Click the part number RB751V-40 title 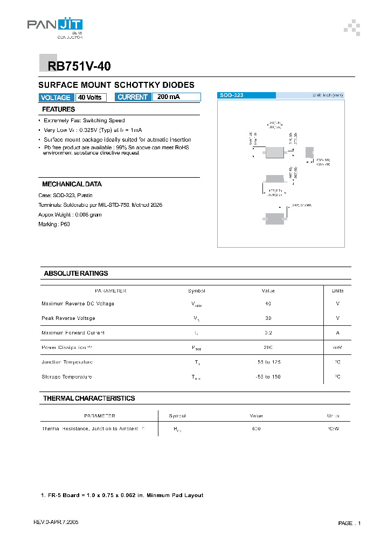(79, 66)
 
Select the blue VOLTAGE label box (56, 97)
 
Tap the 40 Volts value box (91, 97)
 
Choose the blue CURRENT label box (133, 97)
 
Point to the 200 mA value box (176, 97)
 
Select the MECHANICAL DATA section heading (72, 184)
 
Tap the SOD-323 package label (232, 95)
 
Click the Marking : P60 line (54, 225)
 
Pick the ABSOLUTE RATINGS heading (75, 274)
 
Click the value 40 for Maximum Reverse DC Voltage (268, 304)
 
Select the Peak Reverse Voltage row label (68, 318)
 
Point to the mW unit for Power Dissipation (337, 347)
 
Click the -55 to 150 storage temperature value (268, 376)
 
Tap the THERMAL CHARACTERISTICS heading (89, 399)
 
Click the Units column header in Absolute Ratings (337, 291)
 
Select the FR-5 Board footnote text (122, 495)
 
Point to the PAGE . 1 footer (349, 523)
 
